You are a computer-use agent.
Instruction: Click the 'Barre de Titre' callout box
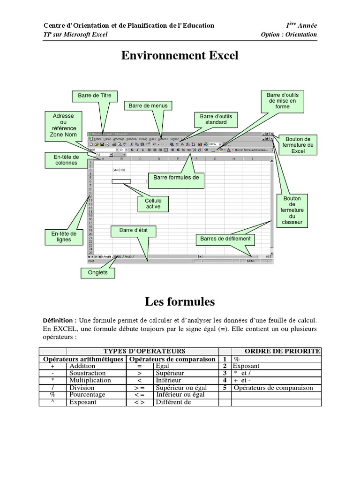pos(95,96)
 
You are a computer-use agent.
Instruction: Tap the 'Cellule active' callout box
pos(153,203)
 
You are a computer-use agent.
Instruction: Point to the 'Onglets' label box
pos(97,272)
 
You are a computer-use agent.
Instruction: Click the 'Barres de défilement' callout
pos(225,239)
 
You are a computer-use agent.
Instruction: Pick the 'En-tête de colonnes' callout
pos(66,160)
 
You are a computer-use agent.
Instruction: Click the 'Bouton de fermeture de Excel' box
pos(298,145)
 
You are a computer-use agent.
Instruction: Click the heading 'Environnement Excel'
pos(180,56)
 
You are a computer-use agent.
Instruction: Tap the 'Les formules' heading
pos(180,301)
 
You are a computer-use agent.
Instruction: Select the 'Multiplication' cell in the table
pos(90,380)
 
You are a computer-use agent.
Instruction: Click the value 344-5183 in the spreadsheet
pos(119,170)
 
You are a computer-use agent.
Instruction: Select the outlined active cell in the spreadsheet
pos(121,181)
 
